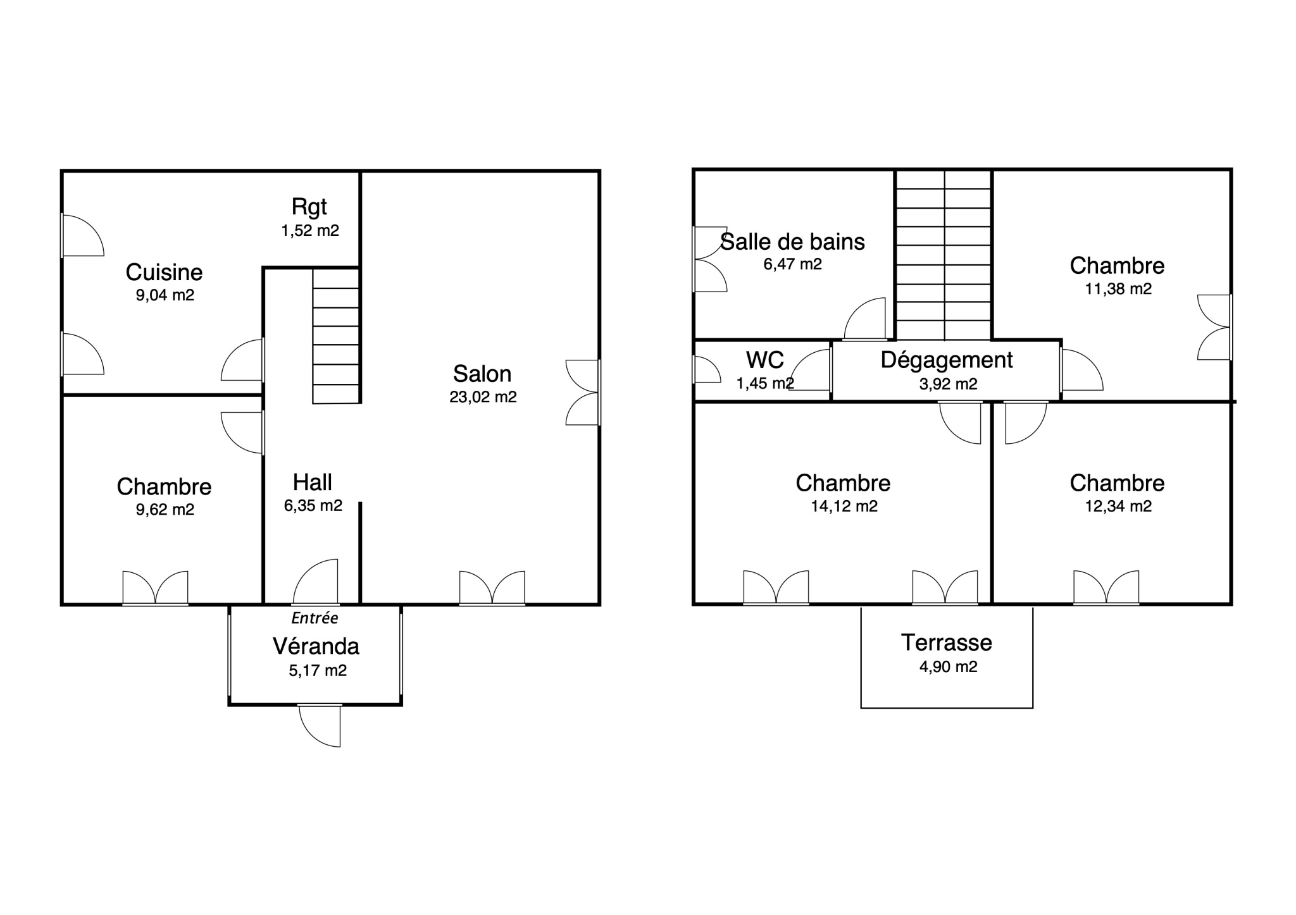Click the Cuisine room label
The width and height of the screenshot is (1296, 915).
(164, 273)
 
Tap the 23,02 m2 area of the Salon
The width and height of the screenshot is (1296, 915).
(483, 397)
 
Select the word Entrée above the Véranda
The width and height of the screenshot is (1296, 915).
(315, 618)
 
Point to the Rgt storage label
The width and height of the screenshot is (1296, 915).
(309, 207)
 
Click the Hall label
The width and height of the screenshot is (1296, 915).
(312, 482)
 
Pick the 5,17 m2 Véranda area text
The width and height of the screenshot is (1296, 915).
(318, 670)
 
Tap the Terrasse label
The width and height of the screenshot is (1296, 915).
(947, 642)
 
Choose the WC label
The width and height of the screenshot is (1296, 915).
(765, 360)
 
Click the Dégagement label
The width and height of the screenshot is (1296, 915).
(947, 360)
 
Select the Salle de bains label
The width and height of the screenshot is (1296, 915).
(793, 242)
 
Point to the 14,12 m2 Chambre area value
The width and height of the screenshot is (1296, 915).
(844, 507)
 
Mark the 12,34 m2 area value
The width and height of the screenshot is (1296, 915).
(1118, 507)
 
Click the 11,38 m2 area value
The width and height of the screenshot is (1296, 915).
(1118, 289)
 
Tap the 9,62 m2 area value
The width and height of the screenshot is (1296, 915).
(165, 510)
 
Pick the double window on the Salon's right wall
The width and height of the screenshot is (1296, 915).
(582, 393)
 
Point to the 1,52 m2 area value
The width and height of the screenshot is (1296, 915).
(310, 230)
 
